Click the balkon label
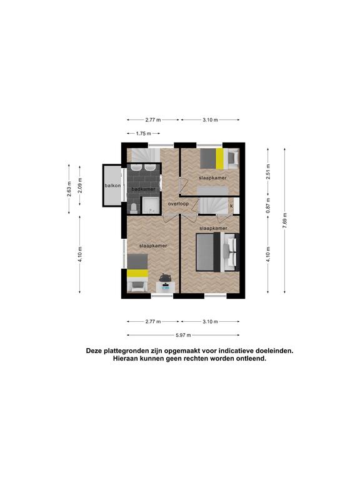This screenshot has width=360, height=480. [112, 186]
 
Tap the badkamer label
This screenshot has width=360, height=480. [143, 189]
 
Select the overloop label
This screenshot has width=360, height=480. [178, 204]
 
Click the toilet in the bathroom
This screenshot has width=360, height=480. [134, 209]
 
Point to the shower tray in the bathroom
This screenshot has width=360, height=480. [150, 205]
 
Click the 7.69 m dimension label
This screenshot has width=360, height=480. [285, 221]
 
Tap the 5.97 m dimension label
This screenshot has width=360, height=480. [183, 335]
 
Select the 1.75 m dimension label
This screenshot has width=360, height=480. [143, 134]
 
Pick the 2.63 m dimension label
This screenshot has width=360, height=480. [69, 189]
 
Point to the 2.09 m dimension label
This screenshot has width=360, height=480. [80, 186]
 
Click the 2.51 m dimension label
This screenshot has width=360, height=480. [268, 172]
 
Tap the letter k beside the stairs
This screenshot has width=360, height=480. [231, 206]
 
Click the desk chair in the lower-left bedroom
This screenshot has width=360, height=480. [165, 277]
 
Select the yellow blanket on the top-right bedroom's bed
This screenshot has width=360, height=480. [219, 159]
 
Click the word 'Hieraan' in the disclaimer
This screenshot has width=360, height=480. [125, 359]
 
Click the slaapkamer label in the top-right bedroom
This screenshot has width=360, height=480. [212, 178]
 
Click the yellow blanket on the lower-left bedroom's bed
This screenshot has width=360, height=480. [137, 273]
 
